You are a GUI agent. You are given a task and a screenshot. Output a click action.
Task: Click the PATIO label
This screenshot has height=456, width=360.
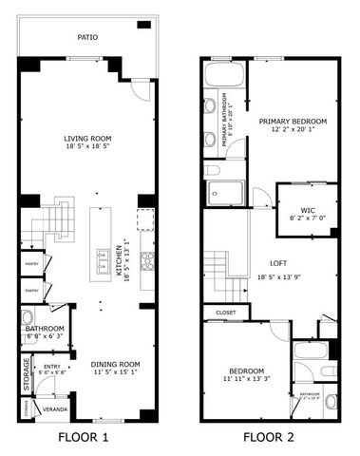(87, 38)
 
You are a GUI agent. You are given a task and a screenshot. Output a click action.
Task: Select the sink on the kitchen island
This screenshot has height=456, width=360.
(102, 256)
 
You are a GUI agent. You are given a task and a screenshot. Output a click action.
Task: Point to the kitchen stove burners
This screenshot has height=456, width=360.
(147, 260)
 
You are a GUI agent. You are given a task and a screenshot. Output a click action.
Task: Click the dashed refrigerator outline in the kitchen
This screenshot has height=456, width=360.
(145, 220)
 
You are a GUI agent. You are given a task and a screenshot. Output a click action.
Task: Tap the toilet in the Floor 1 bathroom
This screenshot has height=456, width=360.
(28, 317)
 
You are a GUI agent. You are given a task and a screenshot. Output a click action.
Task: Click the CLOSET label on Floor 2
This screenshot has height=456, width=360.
(226, 312)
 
